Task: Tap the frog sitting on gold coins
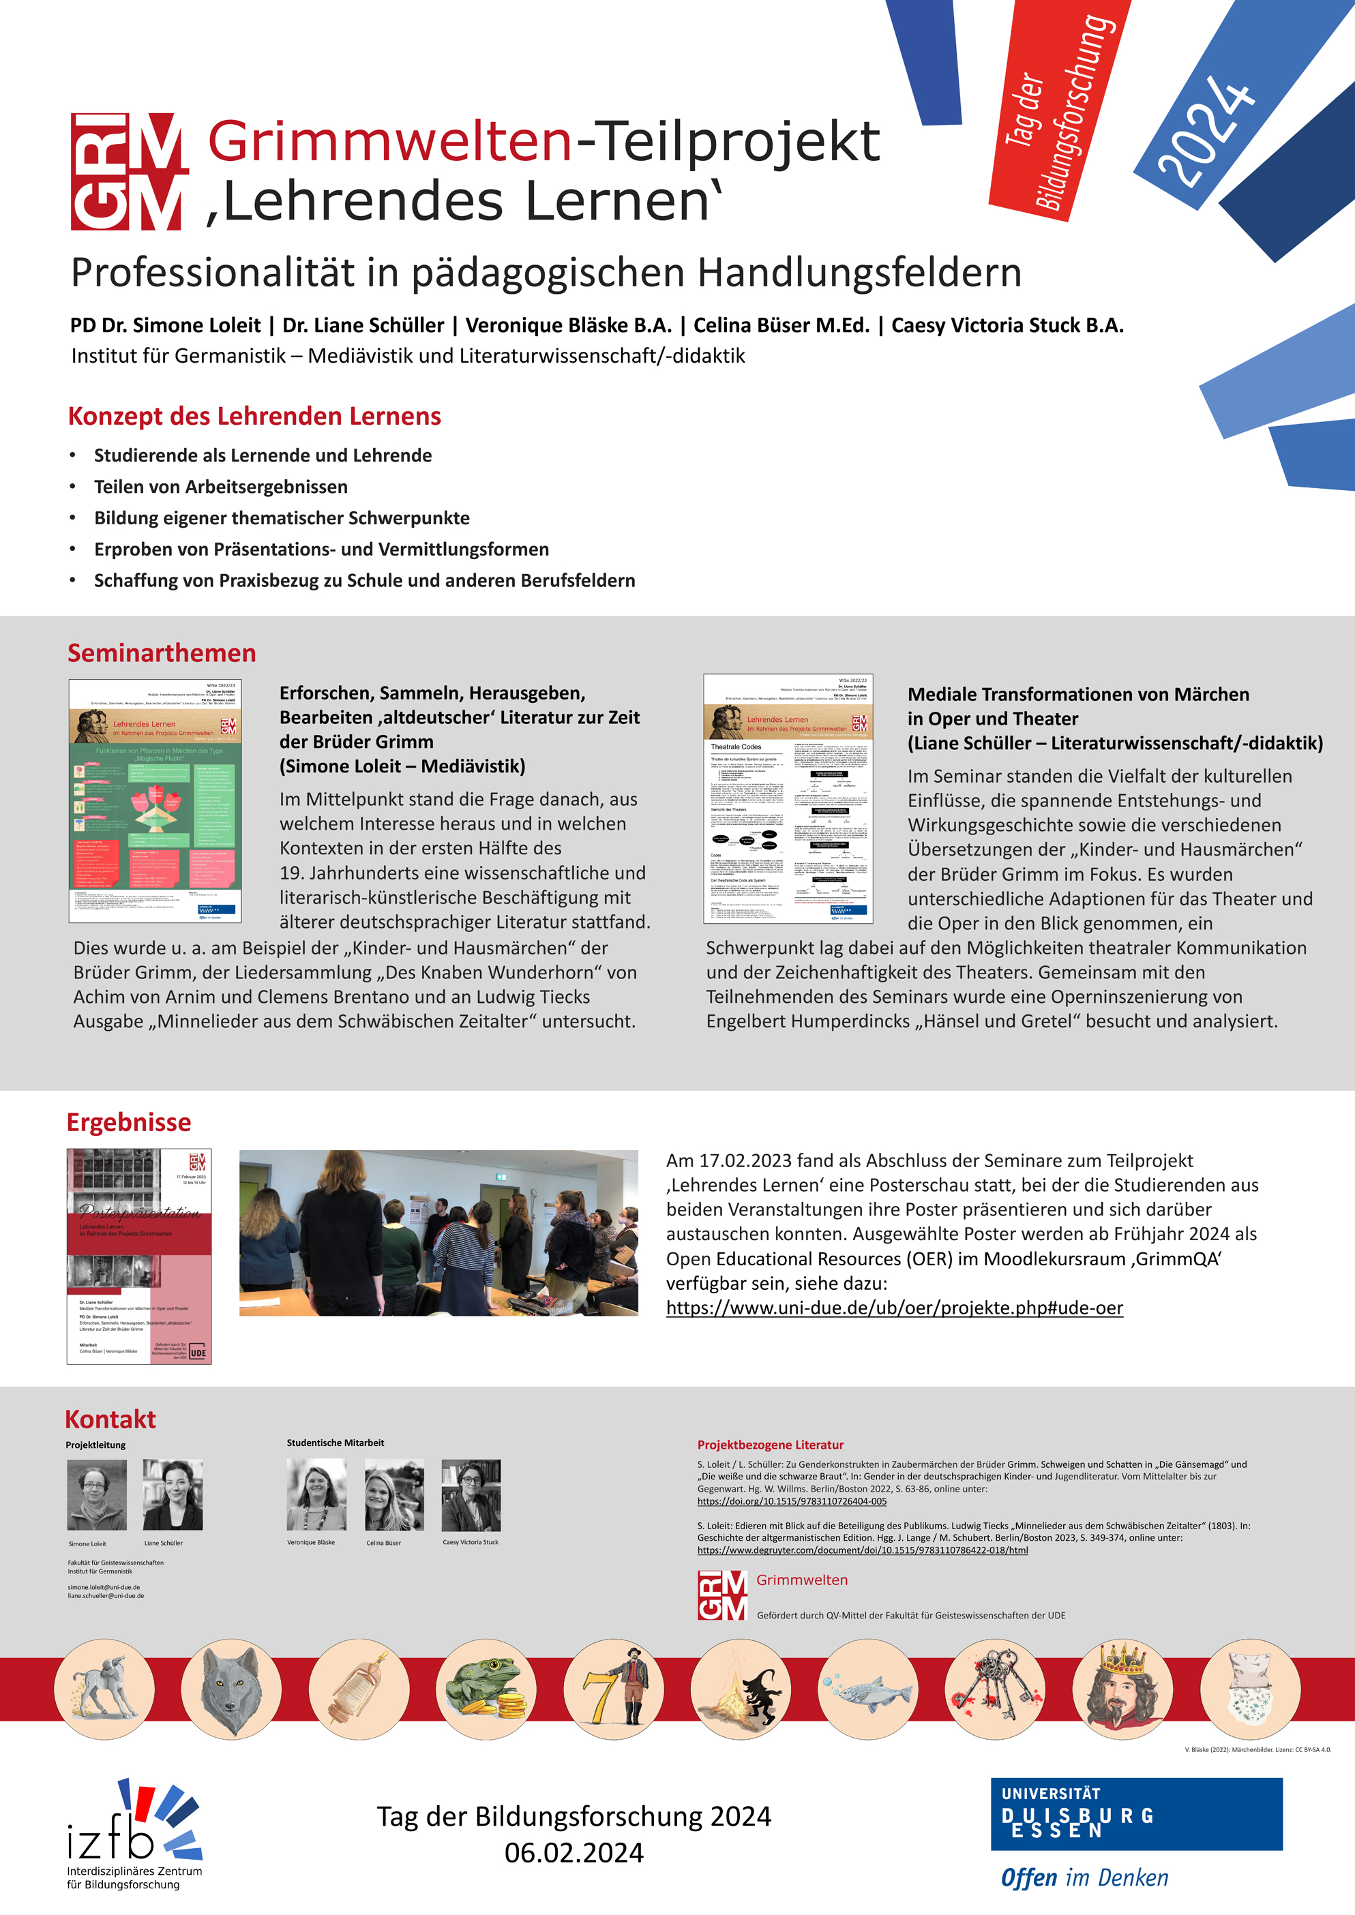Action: (486, 1689)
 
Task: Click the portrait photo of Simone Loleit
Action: (97, 1494)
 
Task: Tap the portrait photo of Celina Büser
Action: (394, 1494)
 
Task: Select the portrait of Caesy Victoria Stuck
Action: (471, 1494)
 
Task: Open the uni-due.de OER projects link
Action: (895, 1308)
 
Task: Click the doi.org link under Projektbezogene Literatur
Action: (792, 1501)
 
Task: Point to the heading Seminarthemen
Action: (162, 653)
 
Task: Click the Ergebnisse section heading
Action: (128, 1123)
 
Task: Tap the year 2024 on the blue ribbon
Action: (1206, 130)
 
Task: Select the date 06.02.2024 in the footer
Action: (574, 1852)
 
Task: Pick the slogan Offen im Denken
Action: (1084, 1878)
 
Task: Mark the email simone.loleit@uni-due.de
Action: (104, 1587)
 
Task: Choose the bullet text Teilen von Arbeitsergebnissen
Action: (220, 486)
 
